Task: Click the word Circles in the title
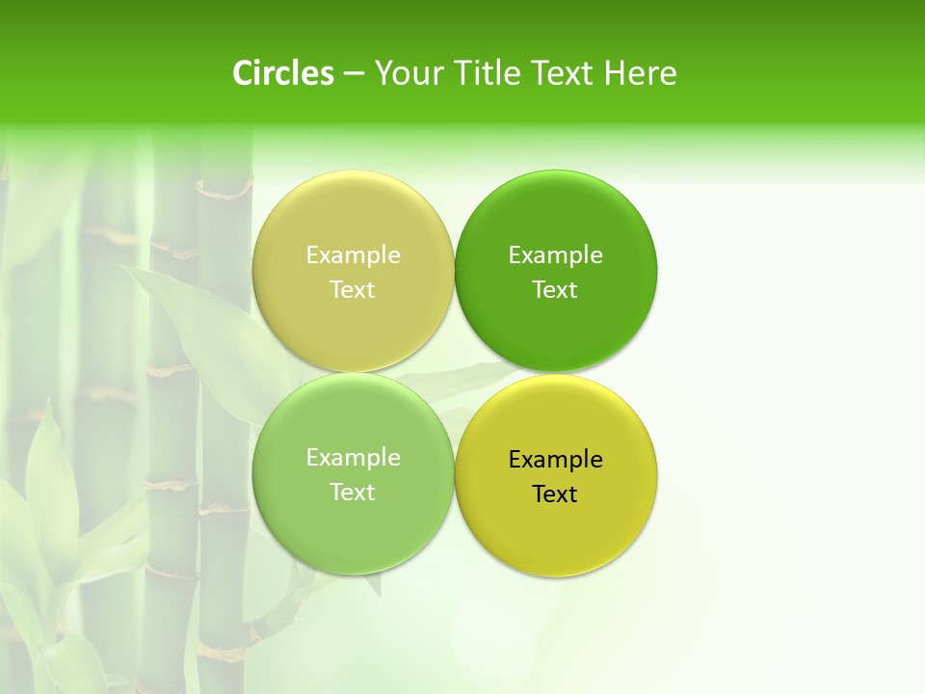tap(282, 73)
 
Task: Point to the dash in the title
tap(354, 74)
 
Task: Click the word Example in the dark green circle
tap(555, 254)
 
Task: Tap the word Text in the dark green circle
tap(555, 289)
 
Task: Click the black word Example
tap(555, 459)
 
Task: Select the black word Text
tap(555, 494)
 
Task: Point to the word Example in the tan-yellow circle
tap(353, 254)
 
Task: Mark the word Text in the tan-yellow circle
tap(353, 289)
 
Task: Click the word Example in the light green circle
tap(353, 457)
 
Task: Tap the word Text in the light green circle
tap(353, 492)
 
